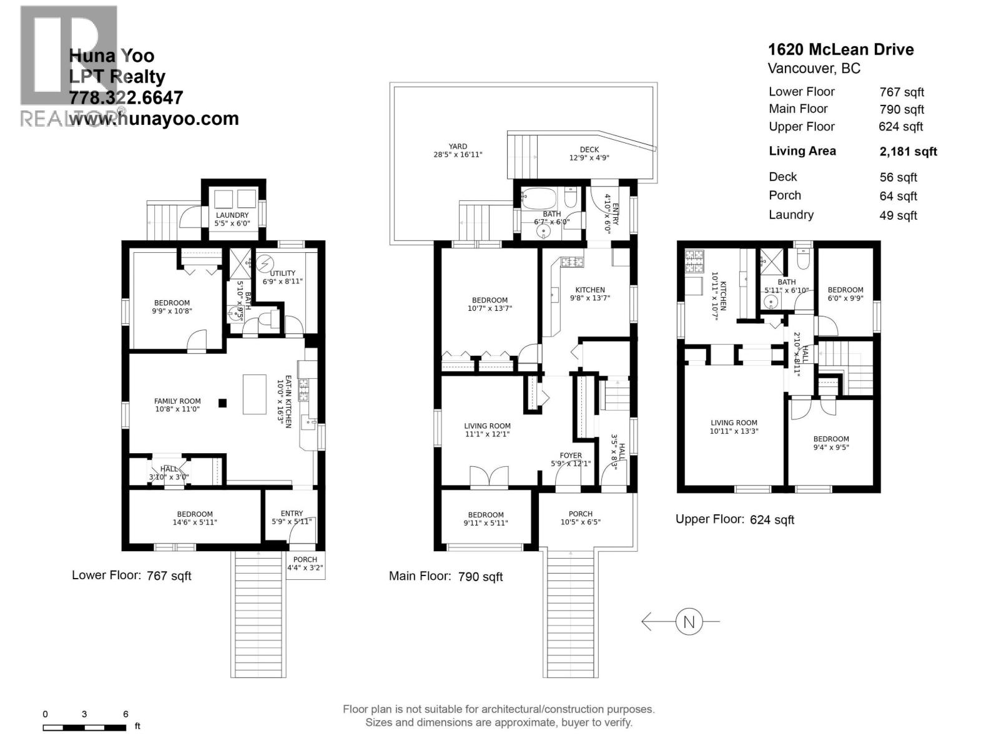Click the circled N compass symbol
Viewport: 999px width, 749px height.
coord(689,622)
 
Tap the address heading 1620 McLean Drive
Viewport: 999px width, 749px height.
coord(840,49)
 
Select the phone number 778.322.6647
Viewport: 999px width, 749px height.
coord(125,97)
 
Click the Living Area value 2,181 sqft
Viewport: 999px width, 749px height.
coord(908,152)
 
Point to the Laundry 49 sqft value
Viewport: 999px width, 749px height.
coord(898,215)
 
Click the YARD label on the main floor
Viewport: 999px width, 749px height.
coord(458,147)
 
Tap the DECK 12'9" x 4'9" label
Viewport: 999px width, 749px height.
coord(589,154)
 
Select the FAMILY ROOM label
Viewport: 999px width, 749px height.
coord(177,401)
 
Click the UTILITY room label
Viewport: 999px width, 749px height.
coord(282,273)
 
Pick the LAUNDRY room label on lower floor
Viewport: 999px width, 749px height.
coord(232,215)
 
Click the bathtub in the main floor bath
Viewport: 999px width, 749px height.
coord(539,198)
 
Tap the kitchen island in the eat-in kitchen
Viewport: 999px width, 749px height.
coord(254,394)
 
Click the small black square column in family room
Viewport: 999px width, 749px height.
coord(222,403)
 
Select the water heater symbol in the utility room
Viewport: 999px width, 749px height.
coord(264,263)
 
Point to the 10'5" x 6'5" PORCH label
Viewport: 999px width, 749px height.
coord(580,518)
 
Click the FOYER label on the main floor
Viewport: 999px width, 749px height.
coord(571,455)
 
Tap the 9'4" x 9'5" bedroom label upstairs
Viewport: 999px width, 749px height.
coord(831,443)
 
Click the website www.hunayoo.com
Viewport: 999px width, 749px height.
coord(154,119)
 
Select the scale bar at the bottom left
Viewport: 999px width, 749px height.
coord(85,728)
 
